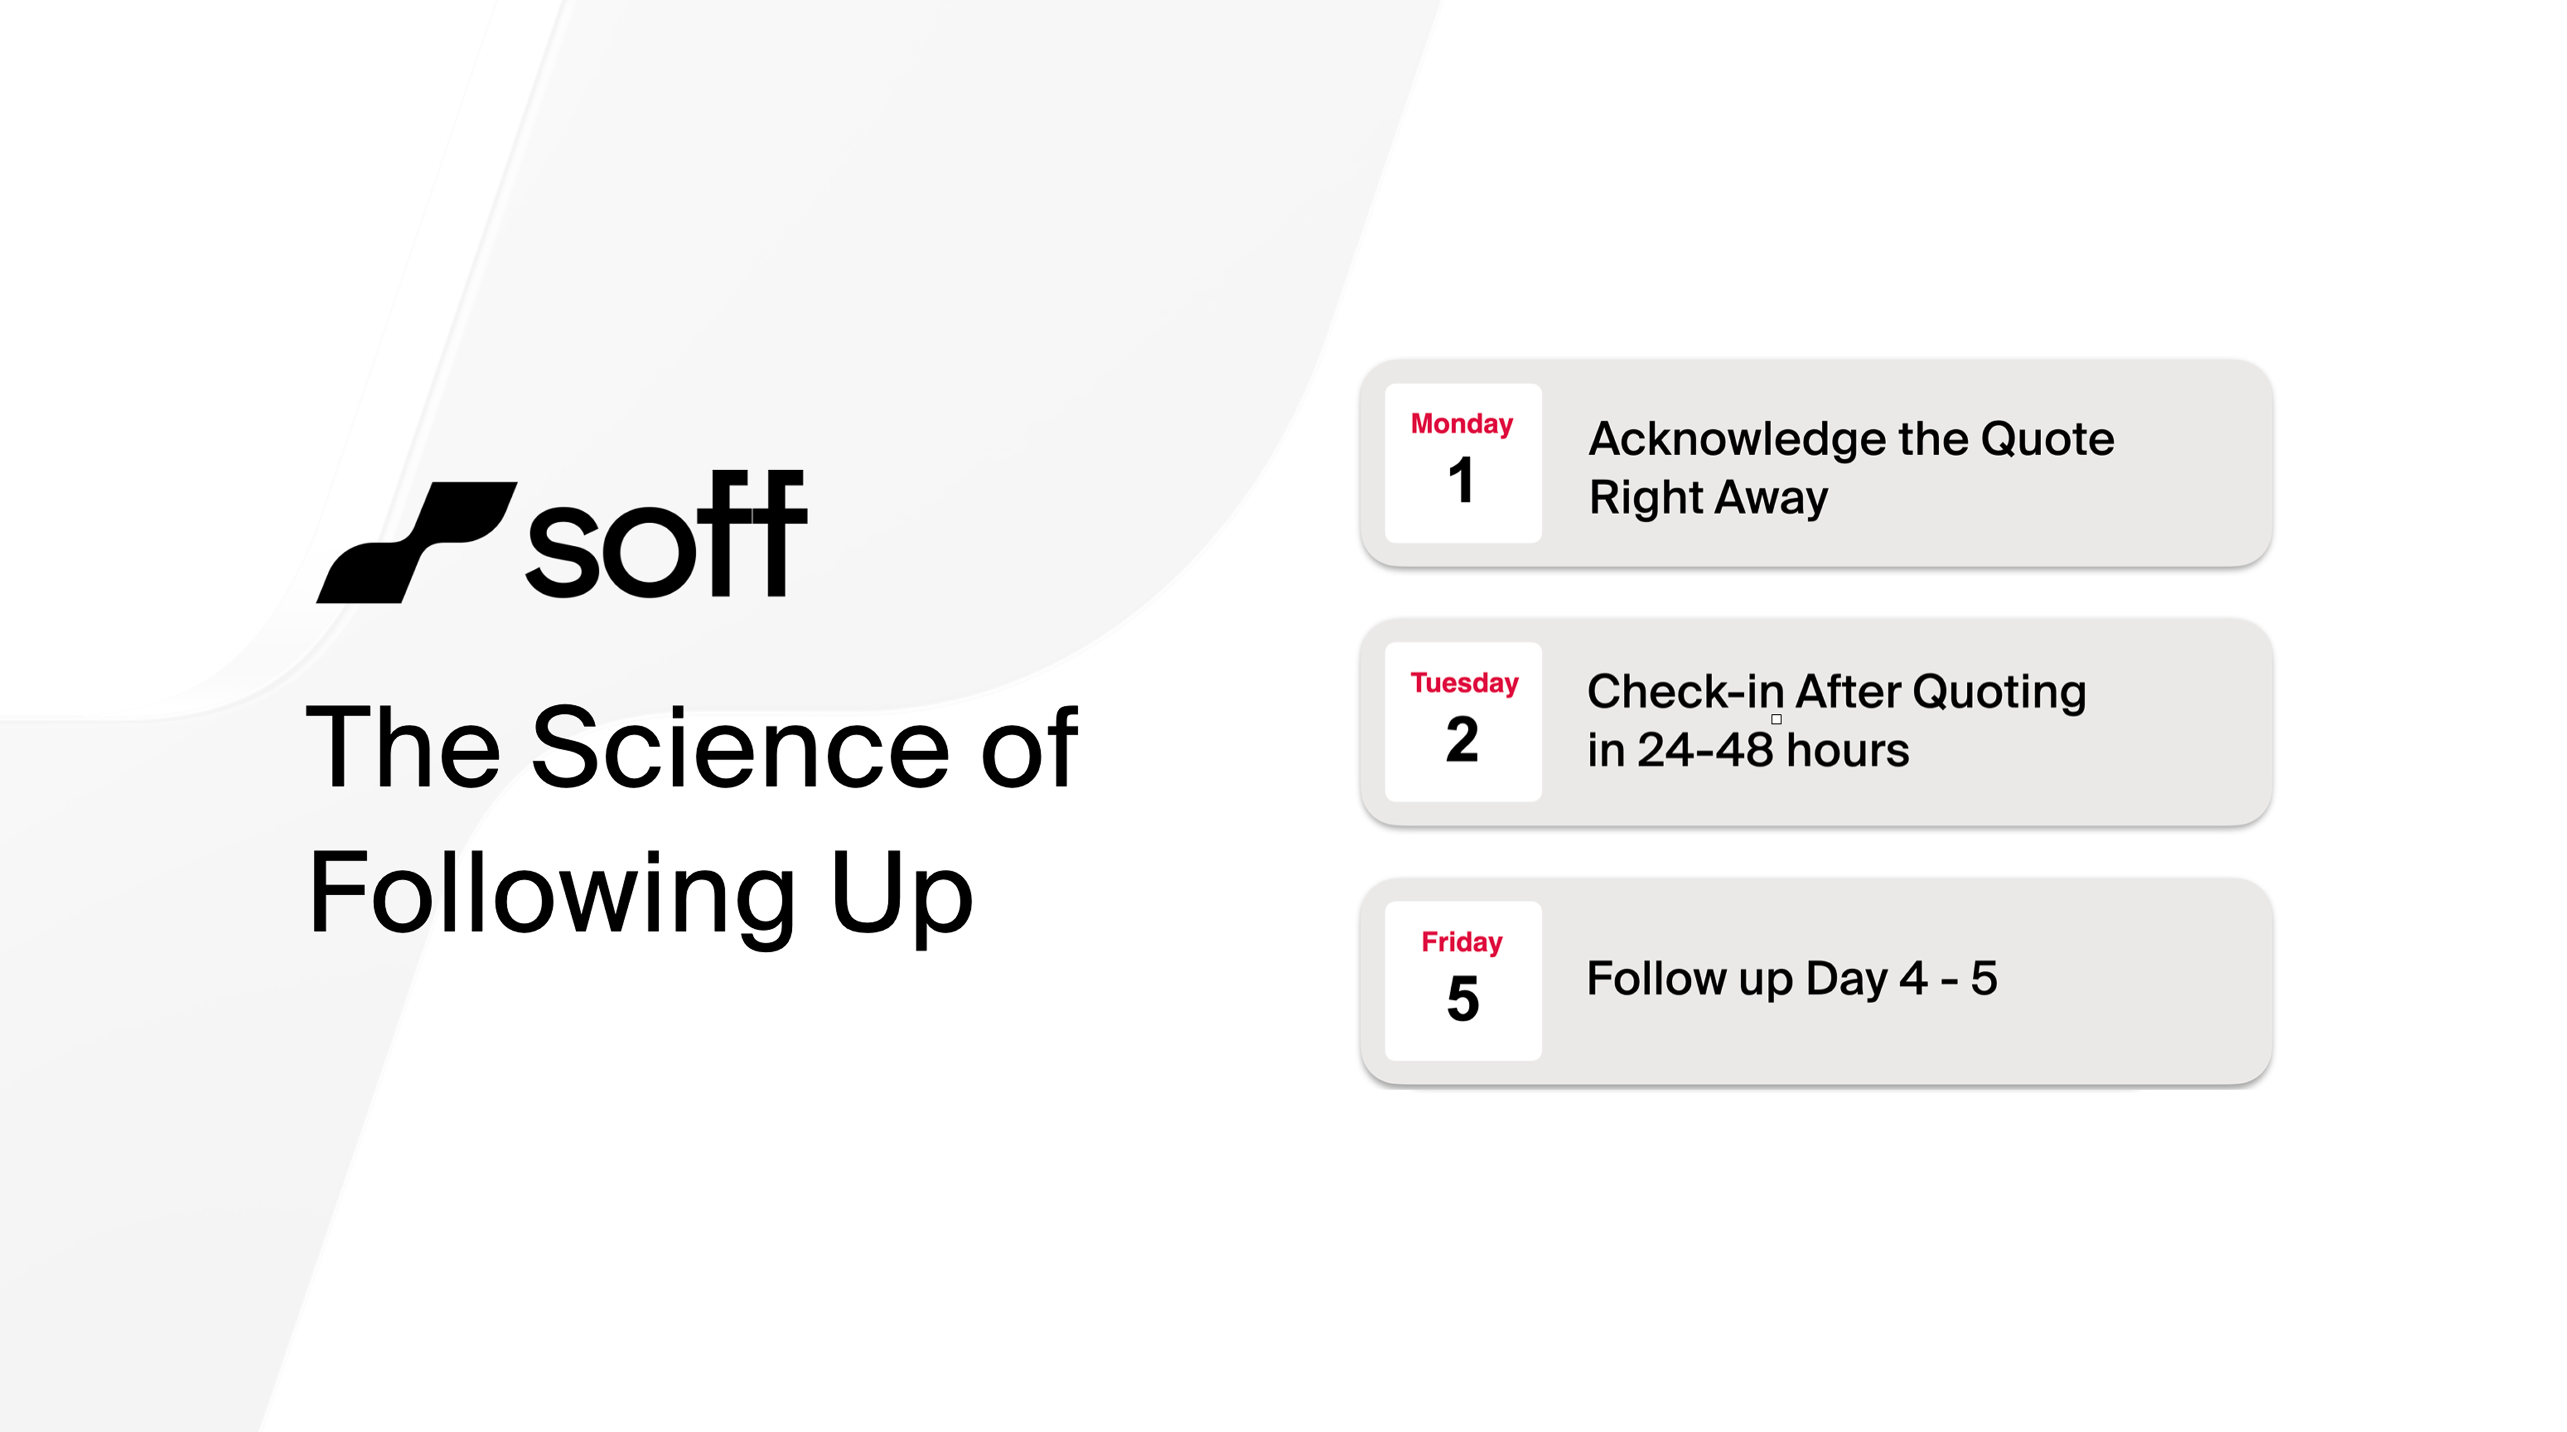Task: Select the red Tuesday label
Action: pos(1463,682)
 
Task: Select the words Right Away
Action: pos(1708,497)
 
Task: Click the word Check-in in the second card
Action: pos(1684,692)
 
